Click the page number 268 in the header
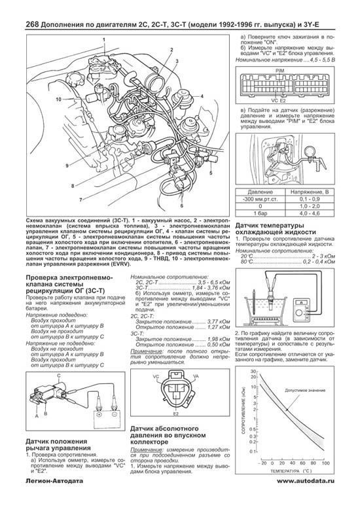click(x=15, y=8)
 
